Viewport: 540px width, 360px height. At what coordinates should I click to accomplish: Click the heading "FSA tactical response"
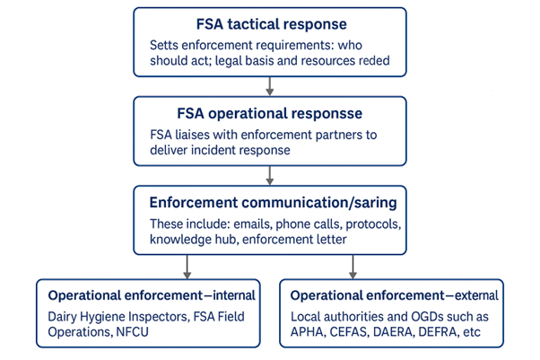click(270, 24)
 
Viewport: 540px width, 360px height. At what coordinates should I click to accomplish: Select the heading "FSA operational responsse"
click(270, 114)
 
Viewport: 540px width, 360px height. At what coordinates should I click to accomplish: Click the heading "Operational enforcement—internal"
click(152, 294)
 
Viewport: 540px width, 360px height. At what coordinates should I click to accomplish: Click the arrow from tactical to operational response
click(270, 85)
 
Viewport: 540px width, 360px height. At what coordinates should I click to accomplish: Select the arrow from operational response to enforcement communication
click(270, 175)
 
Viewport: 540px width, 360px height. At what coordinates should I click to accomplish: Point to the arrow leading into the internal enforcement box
click(187, 267)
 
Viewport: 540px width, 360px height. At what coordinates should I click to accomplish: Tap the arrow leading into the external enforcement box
click(353, 267)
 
